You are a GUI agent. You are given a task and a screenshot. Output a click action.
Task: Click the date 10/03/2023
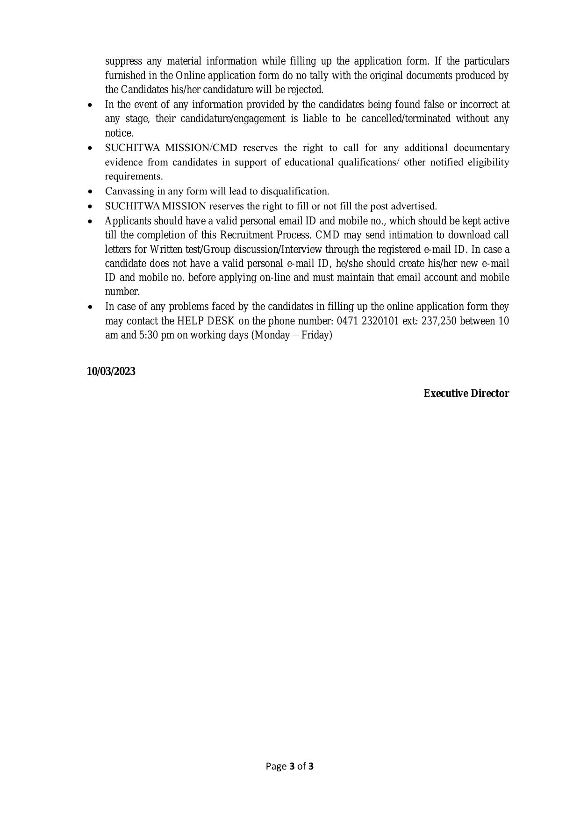pos(111,371)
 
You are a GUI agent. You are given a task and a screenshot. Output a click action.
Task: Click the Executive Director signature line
pos(466,394)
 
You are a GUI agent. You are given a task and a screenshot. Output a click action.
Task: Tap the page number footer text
pos(290,766)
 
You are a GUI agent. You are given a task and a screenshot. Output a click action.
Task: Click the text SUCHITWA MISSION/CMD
pos(171,148)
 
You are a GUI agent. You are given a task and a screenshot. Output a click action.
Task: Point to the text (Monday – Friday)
pos(292,335)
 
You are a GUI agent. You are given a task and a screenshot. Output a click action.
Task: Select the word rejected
pos(308,90)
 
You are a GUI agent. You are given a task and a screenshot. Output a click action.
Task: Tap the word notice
pos(119,133)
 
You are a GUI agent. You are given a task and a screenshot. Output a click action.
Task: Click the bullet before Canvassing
pos(90,192)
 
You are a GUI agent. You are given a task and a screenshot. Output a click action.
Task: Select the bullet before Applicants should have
pos(90,221)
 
